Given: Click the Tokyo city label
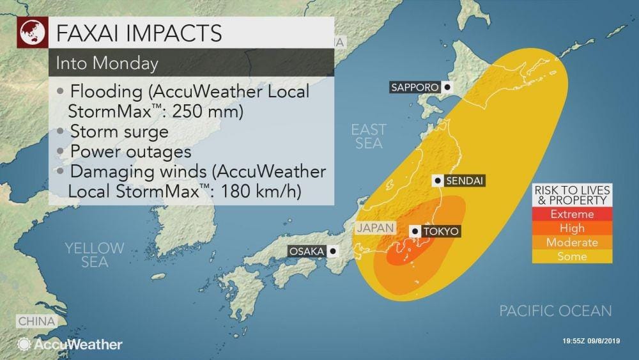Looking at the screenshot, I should click(440, 231).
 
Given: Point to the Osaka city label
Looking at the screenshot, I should click(307, 251).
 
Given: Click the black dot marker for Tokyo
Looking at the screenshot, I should click(415, 231).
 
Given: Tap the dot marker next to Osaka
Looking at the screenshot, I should click(332, 251).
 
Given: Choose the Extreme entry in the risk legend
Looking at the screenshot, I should click(572, 214).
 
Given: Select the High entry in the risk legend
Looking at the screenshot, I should click(572, 228).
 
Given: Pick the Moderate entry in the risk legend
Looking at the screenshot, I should click(572, 242).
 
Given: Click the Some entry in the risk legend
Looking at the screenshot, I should click(572, 256).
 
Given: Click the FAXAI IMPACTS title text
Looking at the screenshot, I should click(139, 32).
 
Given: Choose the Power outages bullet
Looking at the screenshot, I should click(130, 152).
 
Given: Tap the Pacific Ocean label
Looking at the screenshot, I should click(555, 311).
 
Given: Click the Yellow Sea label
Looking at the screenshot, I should click(95, 254).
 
